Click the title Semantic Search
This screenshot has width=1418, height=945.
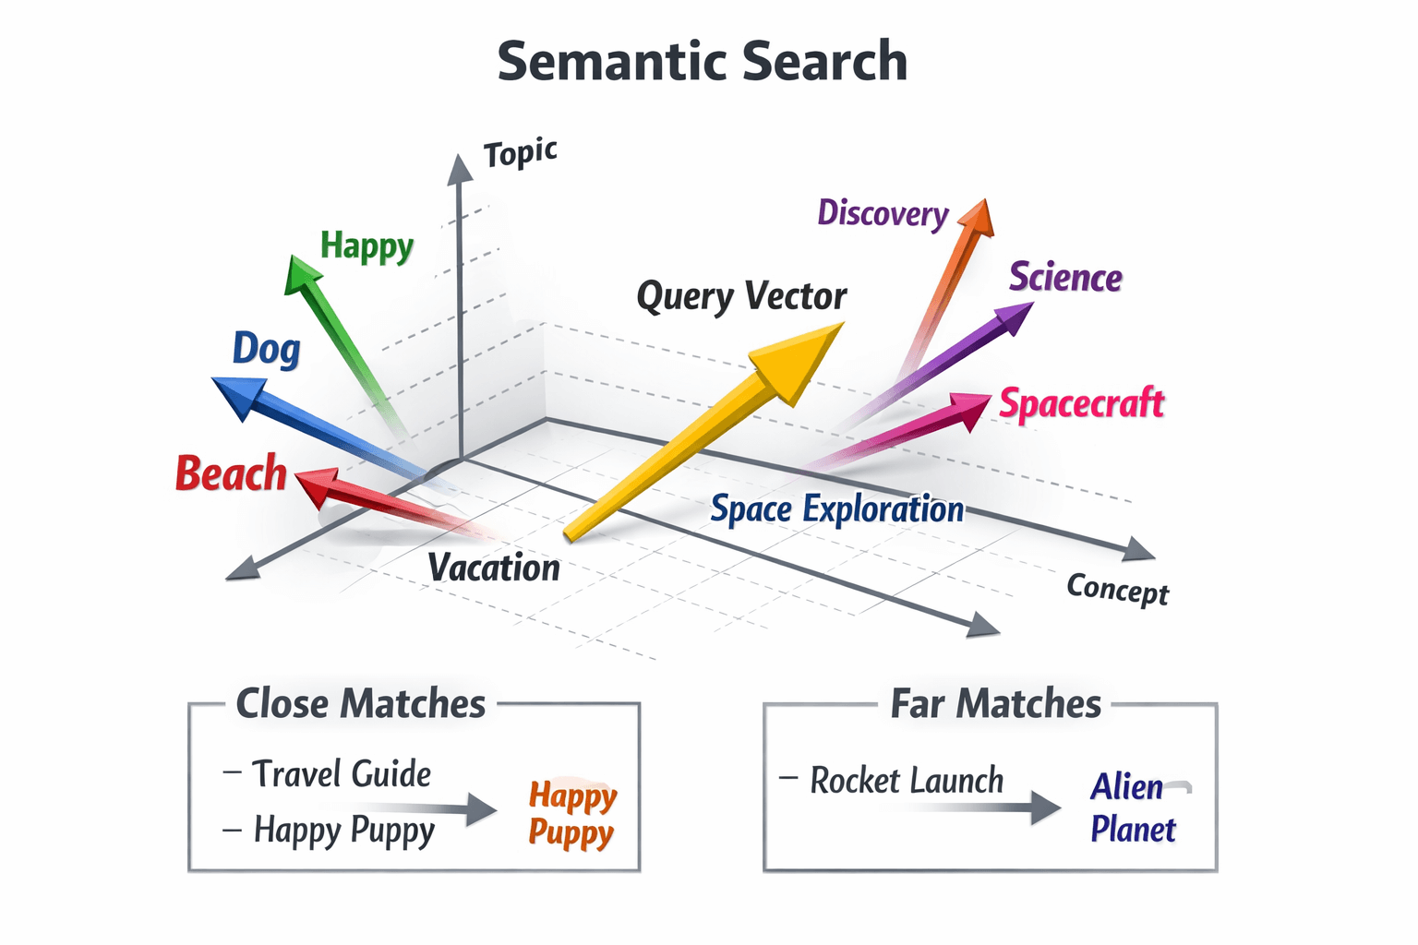tap(702, 62)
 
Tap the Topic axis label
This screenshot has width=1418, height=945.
tap(520, 153)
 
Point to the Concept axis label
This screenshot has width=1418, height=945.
tap(1117, 589)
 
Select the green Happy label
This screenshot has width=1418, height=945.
tap(367, 246)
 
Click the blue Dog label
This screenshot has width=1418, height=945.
tap(266, 349)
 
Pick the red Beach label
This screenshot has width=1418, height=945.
tap(231, 473)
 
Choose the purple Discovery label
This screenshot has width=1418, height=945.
tap(883, 214)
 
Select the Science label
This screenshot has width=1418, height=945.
tap(1065, 278)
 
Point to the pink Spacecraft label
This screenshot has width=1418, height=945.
tap(1082, 404)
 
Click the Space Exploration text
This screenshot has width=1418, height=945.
tap(836, 509)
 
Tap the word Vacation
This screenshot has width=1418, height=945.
tap(494, 568)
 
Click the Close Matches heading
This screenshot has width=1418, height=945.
tap(360, 704)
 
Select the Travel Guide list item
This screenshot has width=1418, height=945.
tap(341, 774)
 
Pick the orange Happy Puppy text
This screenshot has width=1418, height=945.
tap(572, 814)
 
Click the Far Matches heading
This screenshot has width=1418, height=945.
tap(995, 704)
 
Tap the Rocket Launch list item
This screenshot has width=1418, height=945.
tap(906, 781)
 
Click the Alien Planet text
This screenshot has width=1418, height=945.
tap(1132, 808)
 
